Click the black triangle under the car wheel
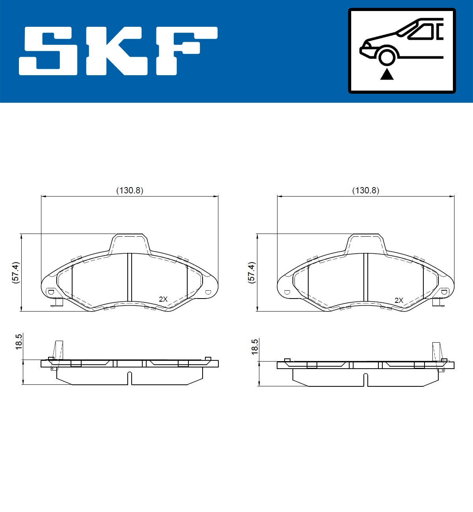[387, 74]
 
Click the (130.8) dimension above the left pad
[130, 191]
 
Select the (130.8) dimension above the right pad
[365, 191]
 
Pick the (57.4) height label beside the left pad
[15, 272]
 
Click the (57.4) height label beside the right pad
[251, 272]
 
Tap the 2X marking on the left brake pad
[163, 299]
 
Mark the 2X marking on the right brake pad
[399, 300]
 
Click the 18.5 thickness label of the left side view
[18, 341]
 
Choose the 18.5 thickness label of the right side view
[254, 347]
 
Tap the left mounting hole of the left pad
[50, 292]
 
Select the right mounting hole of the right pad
[444, 292]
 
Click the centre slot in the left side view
[130, 378]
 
